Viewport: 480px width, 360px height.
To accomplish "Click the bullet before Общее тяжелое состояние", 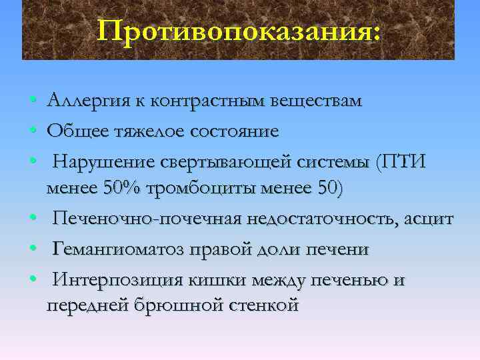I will click(33, 132).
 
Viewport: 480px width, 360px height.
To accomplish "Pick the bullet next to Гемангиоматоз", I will click(33, 249).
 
